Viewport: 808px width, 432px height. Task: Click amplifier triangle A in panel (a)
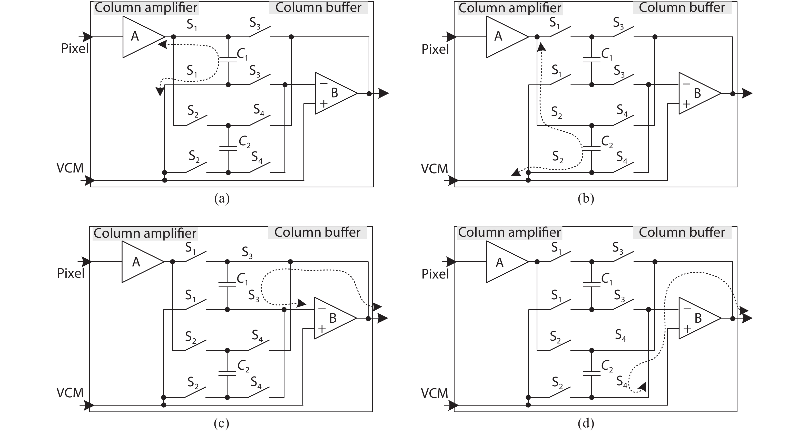pos(140,37)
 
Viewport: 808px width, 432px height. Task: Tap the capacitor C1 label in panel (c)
pos(242,279)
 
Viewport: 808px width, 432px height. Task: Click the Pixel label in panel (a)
pos(75,49)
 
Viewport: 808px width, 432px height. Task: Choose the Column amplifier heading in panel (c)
pos(145,233)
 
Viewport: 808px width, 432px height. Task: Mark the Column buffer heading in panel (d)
pos(682,232)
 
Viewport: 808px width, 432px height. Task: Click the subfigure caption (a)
pos(222,199)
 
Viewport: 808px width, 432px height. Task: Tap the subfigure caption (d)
pos(586,424)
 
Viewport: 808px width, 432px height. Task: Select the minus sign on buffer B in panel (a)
pos(324,83)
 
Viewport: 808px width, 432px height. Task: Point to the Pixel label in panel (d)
pos(435,274)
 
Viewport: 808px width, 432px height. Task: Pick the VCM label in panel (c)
pos(70,393)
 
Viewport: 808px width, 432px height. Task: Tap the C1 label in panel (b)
pos(606,54)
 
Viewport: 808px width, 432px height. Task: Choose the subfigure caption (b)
pos(586,199)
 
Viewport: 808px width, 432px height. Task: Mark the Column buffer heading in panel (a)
pos(318,7)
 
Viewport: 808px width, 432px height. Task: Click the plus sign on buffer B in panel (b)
pos(686,104)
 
